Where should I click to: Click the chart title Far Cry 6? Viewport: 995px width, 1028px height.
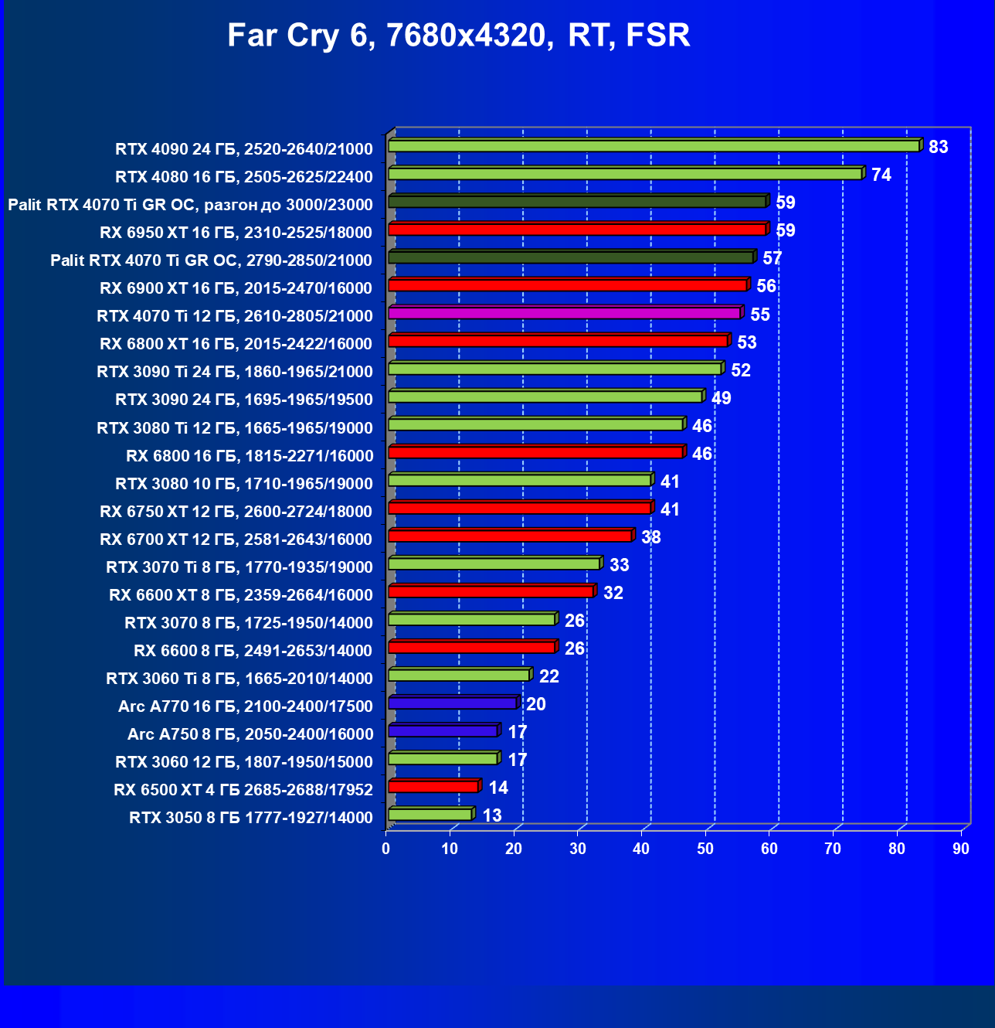(459, 36)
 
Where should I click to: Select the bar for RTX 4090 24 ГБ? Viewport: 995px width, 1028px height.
(654, 146)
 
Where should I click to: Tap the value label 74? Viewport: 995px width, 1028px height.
(881, 175)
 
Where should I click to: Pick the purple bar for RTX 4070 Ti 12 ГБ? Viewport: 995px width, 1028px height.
(564, 313)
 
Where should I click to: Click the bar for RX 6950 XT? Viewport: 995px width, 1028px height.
(576, 230)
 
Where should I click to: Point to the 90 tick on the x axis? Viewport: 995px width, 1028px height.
(960, 849)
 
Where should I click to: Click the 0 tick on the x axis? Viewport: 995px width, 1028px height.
(386, 849)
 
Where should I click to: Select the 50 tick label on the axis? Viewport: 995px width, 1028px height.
(705, 849)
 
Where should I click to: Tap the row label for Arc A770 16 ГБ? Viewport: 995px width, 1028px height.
(245, 706)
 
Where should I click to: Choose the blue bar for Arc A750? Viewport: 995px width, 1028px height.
(443, 730)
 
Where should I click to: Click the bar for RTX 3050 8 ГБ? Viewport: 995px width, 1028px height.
(430, 814)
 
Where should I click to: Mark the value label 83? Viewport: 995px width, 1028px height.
(938, 147)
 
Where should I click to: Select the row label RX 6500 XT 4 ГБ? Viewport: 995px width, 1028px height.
(243, 790)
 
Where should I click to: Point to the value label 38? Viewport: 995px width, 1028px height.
(650, 537)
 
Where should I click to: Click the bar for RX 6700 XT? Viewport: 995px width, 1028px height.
(510, 536)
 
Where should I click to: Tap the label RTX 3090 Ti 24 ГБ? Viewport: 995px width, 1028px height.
(234, 372)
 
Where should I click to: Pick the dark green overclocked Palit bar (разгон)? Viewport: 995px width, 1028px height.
(576, 202)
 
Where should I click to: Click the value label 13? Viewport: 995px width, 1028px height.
(491, 815)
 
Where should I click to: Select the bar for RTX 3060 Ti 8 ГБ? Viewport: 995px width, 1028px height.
(458, 675)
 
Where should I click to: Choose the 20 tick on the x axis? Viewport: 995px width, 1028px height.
(514, 849)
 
